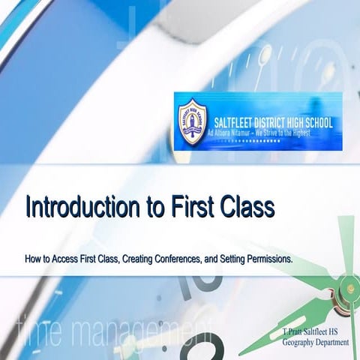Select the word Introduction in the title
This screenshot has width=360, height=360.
[x=79, y=206]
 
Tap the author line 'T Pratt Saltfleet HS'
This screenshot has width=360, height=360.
[x=314, y=331]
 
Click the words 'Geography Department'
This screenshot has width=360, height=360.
[x=316, y=341]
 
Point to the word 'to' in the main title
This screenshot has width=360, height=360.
[x=145, y=206]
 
